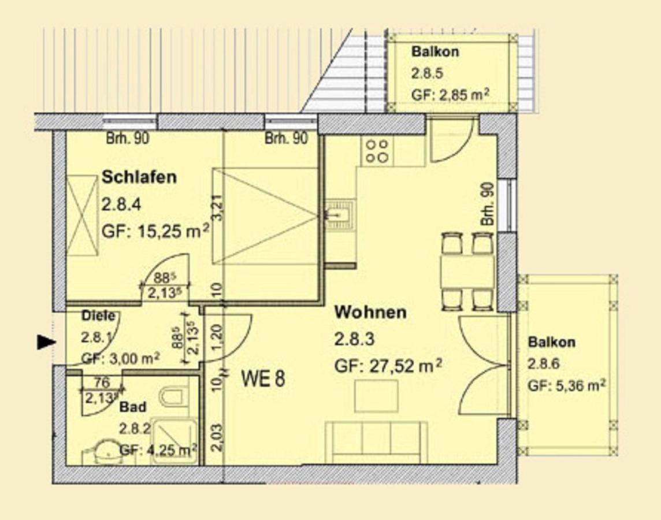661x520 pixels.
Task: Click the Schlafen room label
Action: pyautogui.click(x=139, y=177)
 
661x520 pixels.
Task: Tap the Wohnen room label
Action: pyautogui.click(x=370, y=313)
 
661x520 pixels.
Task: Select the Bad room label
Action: pyautogui.click(x=132, y=407)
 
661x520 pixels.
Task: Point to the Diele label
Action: pyautogui.click(x=98, y=316)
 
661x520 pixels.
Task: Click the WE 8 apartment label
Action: pyautogui.click(x=263, y=379)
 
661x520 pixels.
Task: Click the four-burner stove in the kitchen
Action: pyautogui.click(x=376, y=151)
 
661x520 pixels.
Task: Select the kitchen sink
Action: pyautogui.click(x=340, y=215)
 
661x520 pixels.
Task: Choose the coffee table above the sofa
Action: pyautogui.click(x=376, y=396)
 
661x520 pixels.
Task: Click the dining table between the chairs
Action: pyautogui.click(x=467, y=272)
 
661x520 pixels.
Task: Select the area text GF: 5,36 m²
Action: pyautogui.click(x=566, y=385)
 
